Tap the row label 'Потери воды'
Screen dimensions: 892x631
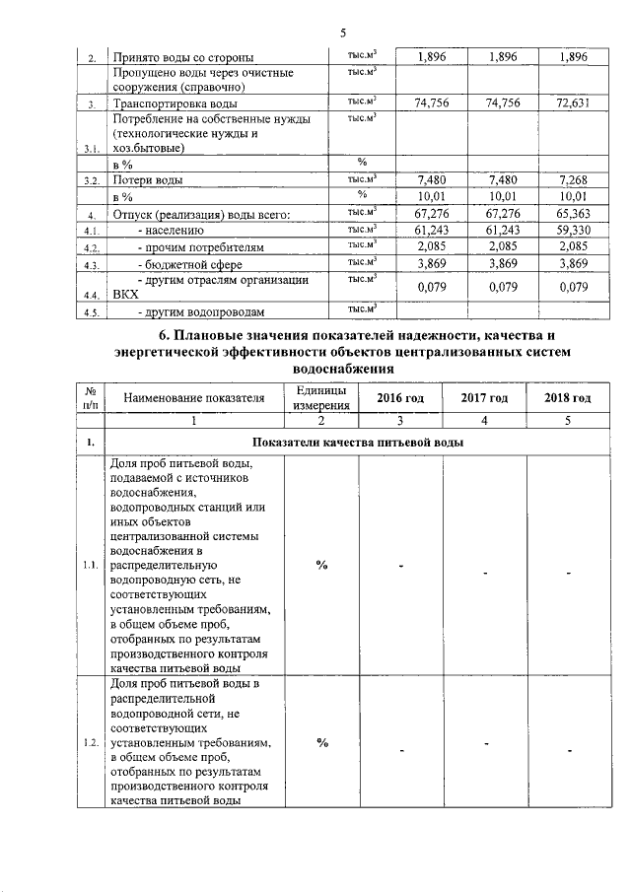(149, 179)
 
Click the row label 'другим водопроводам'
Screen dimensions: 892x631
(200, 312)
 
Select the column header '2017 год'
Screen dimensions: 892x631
(485, 397)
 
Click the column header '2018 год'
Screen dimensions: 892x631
(568, 397)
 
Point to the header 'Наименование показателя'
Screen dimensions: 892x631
(194, 397)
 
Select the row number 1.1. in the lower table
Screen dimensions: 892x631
(90, 565)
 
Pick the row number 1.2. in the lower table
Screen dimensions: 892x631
(90, 742)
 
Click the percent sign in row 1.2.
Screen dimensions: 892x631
(321, 742)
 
